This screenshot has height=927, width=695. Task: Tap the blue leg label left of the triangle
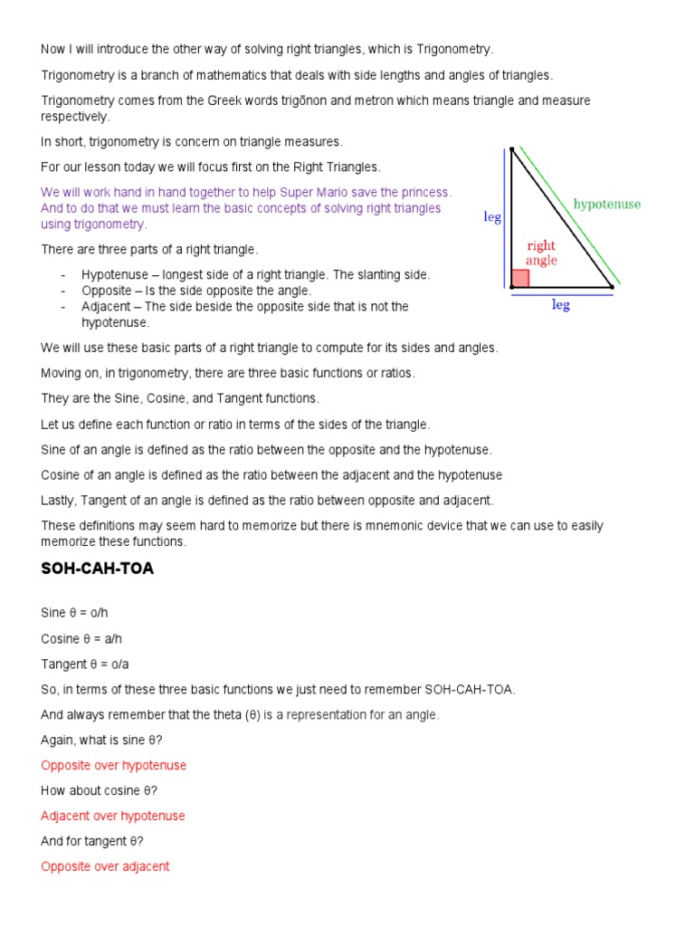pyautogui.click(x=492, y=217)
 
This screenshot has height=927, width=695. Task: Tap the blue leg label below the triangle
pyautogui.click(x=561, y=306)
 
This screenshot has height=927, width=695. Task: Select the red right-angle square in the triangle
pyautogui.click(x=520, y=279)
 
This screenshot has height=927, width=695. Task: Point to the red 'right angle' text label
pyautogui.click(x=541, y=253)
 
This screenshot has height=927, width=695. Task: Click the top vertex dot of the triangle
pyautogui.click(x=512, y=149)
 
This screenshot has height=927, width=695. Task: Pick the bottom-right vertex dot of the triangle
pyautogui.click(x=612, y=287)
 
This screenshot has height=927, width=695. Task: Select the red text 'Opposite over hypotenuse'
pyautogui.click(x=113, y=765)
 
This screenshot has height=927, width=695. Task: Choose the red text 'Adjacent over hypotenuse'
pyautogui.click(x=112, y=816)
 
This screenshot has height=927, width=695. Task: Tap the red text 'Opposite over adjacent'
pyautogui.click(x=105, y=866)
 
